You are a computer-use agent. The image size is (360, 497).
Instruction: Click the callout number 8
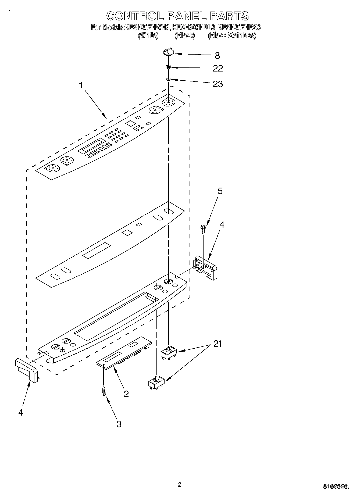click(x=217, y=56)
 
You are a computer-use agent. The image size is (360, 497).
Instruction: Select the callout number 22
click(x=218, y=69)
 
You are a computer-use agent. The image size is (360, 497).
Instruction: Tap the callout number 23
click(x=218, y=84)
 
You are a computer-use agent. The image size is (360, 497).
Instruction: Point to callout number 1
click(x=81, y=85)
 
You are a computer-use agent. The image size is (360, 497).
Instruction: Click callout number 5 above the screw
click(x=220, y=191)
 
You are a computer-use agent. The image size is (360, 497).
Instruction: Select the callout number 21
click(x=218, y=344)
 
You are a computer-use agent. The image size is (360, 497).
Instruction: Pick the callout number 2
click(x=126, y=394)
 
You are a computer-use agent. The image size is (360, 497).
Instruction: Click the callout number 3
click(x=119, y=424)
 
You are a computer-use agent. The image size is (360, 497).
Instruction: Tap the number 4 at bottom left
click(x=21, y=412)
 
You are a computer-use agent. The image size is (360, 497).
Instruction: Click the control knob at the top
click(x=168, y=51)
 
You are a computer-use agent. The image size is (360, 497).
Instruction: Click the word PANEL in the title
click(x=187, y=16)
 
